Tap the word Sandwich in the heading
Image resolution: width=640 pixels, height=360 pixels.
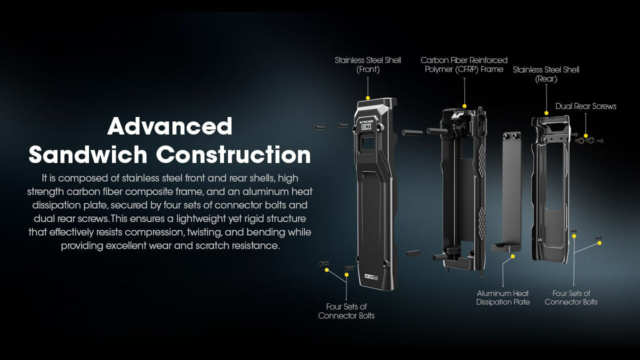point(87,154)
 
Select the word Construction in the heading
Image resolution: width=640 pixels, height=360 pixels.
point(233,154)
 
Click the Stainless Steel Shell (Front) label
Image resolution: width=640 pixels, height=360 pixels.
point(367,65)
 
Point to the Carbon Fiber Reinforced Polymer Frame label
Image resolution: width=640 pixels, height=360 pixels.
point(464,65)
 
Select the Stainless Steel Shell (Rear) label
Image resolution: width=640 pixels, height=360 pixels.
point(546,74)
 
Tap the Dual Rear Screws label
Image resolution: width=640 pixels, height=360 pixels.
point(585,106)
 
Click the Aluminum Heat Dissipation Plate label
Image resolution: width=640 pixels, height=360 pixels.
point(503,297)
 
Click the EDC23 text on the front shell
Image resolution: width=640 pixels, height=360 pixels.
point(366,126)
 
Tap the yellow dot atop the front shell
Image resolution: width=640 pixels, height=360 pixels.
point(368,98)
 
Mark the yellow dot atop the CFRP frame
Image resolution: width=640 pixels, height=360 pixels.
point(464,106)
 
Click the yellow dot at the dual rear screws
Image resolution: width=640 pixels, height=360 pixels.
point(585,135)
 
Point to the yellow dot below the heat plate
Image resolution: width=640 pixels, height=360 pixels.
point(513,256)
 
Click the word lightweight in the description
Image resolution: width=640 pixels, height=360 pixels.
point(201,219)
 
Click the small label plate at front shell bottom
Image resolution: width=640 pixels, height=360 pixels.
point(371,276)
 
